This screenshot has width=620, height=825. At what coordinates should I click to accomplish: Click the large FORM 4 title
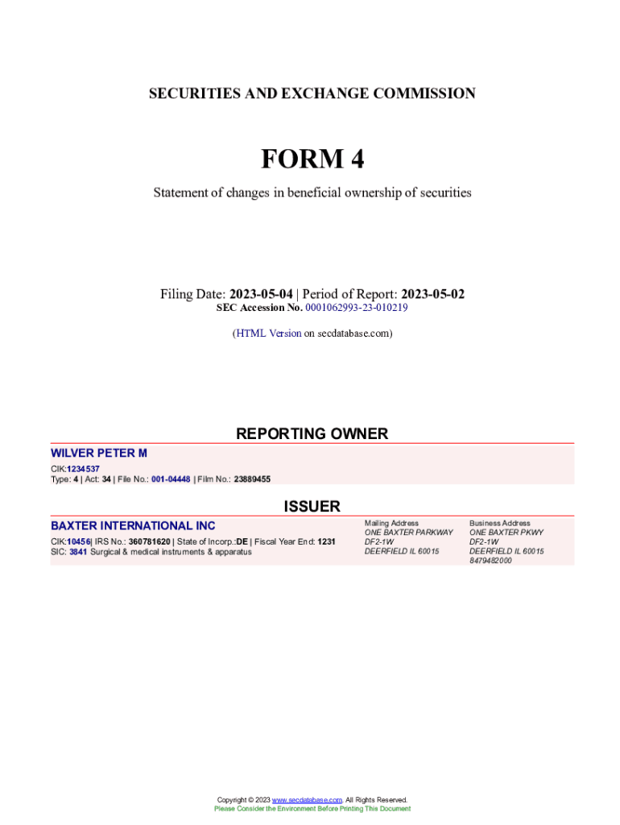[312, 160]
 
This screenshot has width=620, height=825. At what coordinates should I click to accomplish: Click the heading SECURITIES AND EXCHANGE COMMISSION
[312, 93]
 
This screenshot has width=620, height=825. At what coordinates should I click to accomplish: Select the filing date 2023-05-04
[261, 294]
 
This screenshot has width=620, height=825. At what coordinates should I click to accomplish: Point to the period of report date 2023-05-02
[432, 294]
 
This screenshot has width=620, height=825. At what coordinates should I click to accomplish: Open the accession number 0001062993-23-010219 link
[357, 308]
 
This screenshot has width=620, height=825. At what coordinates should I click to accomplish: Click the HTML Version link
[268, 333]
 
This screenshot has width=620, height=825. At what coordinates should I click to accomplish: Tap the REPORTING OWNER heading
[312, 433]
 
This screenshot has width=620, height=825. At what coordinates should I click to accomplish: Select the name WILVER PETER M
[99, 454]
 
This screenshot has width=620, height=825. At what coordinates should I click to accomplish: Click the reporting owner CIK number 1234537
[84, 469]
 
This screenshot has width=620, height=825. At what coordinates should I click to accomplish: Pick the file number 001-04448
[171, 479]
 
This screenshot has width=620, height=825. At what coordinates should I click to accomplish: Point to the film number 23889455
[252, 479]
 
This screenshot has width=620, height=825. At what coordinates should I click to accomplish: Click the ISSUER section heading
[312, 506]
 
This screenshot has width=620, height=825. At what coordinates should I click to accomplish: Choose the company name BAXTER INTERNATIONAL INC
[133, 525]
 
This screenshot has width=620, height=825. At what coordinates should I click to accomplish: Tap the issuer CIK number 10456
[78, 541]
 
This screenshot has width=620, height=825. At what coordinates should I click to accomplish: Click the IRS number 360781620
[149, 541]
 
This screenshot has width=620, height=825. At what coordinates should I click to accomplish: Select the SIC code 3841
[78, 552]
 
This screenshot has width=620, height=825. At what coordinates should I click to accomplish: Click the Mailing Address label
[391, 523]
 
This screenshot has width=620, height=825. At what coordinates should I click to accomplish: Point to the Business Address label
[500, 523]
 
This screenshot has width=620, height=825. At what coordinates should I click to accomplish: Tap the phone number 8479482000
[490, 561]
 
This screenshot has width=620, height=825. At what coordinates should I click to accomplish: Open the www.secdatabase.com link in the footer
[308, 800]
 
